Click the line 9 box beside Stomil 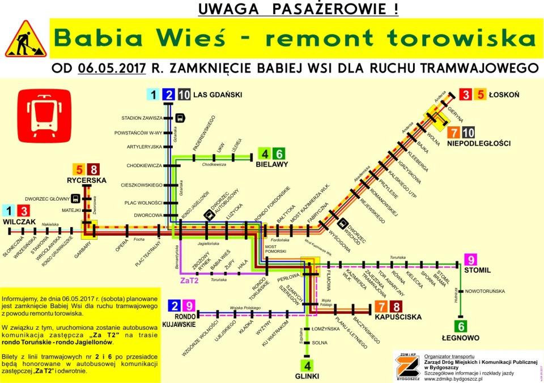470,260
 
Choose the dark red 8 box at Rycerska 93,169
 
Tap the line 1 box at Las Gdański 152,95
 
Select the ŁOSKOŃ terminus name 504,95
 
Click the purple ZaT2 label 189,280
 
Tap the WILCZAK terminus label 19,221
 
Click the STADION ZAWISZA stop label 142,118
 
